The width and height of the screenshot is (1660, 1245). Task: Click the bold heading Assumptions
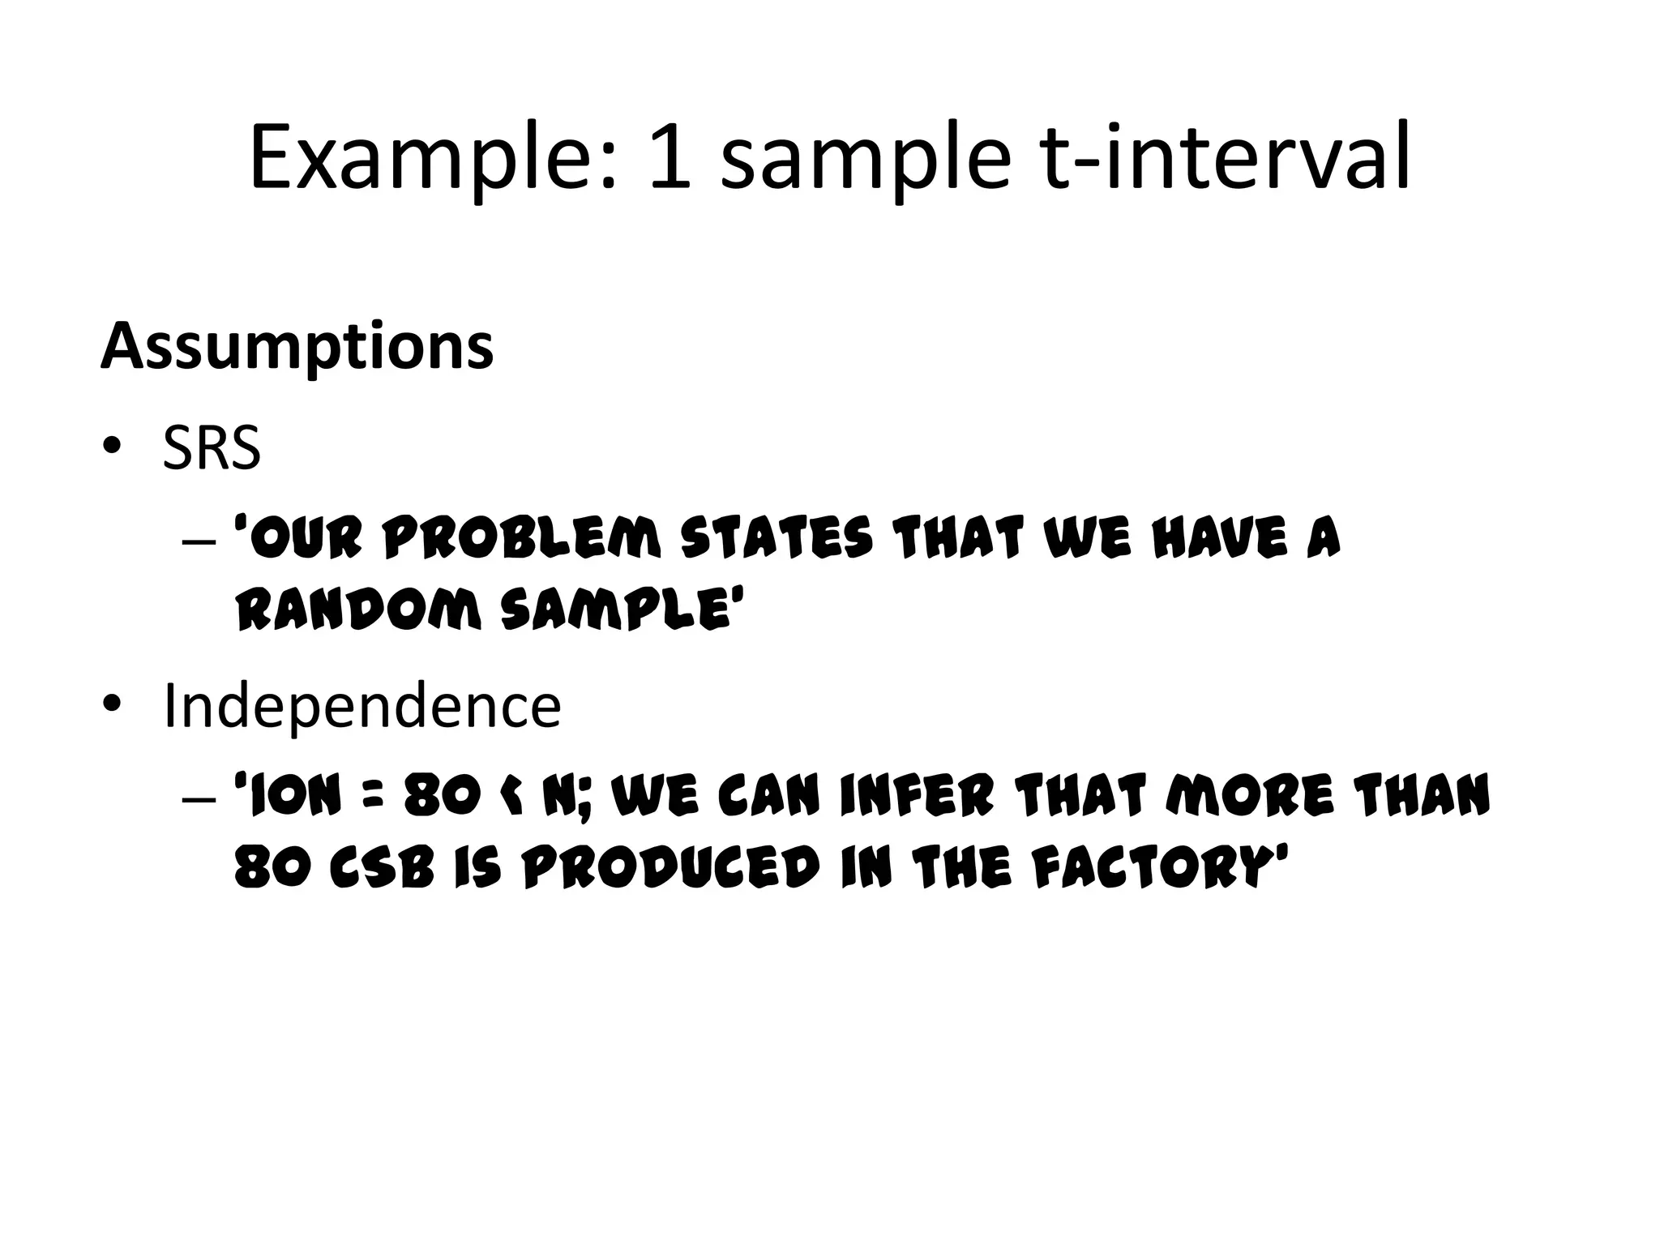tap(297, 347)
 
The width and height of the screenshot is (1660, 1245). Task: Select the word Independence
tap(362, 706)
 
